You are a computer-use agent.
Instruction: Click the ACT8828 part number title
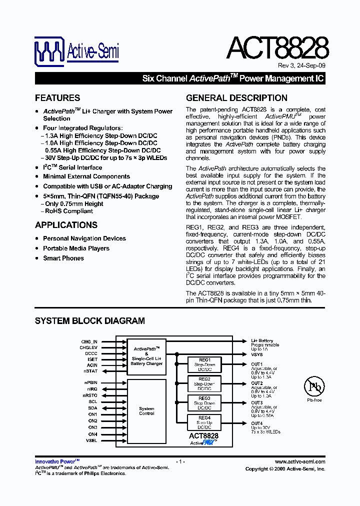point(277,48)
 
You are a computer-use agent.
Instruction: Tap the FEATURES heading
point(57,98)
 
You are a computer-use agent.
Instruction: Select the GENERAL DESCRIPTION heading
point(236,98)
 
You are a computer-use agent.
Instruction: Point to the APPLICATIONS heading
point(66,225)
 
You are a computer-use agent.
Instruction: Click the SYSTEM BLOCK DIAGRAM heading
point(90,321)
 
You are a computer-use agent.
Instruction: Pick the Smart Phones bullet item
point(63,258)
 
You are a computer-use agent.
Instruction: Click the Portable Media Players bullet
point(76,248)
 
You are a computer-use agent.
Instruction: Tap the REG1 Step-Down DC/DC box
point(204,364)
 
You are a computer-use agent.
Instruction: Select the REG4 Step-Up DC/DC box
point(204,422)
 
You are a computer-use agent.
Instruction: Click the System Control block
point(146,411)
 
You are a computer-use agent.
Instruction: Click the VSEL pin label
point(92,441)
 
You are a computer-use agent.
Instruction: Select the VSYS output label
point(256,354)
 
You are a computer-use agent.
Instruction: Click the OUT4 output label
point(256,423)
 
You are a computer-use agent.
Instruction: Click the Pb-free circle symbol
point(314,386)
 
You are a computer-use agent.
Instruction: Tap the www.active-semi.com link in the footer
point(300,462)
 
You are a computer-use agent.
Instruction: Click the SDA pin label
point(93,408)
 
